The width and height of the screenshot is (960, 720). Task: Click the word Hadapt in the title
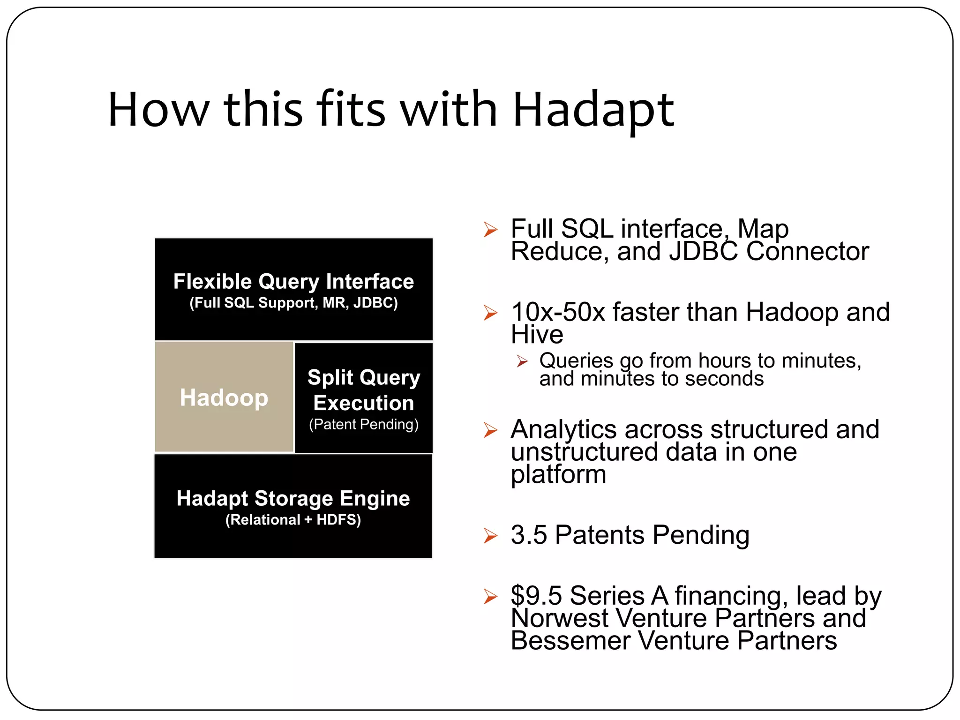(593, 111)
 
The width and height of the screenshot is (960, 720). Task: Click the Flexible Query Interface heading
(293, 281)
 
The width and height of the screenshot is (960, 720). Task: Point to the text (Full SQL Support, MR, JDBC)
(293, 303)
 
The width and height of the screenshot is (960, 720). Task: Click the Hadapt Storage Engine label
(293, 498)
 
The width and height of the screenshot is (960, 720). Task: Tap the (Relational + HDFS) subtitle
(293, 520)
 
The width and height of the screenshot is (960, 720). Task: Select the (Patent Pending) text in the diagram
(364, 425)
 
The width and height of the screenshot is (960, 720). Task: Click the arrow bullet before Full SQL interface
(490, 230)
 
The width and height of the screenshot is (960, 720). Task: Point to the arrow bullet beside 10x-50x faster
(490, 313)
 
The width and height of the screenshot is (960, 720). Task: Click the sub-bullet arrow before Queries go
(522, 361)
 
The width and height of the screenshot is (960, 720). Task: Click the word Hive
(537, 335)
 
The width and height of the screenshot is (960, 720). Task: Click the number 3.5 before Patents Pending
(529, 535)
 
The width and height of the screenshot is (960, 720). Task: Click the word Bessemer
(570, 641)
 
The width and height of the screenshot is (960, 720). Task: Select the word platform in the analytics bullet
(558, 474)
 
